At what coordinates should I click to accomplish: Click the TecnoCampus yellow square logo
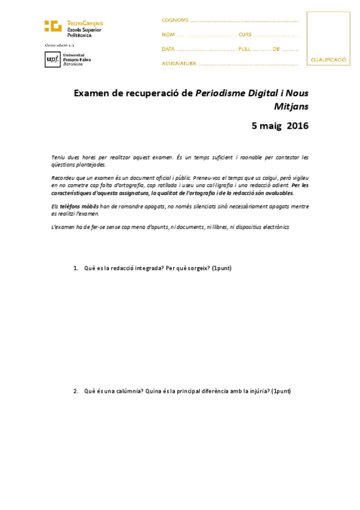[52, 26]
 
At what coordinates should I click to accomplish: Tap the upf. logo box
[52, 59]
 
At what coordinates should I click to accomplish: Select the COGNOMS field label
[175, 20]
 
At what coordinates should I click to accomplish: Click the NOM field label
[168, 34]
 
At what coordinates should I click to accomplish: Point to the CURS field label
[245, 34]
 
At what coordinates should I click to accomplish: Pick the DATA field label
[168, 49]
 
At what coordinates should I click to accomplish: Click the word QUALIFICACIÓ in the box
[328, 60]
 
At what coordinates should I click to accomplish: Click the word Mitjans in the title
[291, 106]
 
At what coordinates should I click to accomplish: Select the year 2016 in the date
[297, 126]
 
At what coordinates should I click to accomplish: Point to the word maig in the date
[271, 126]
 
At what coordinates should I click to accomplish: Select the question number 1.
[75, 268]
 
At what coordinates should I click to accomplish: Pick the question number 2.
[75, 392]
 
